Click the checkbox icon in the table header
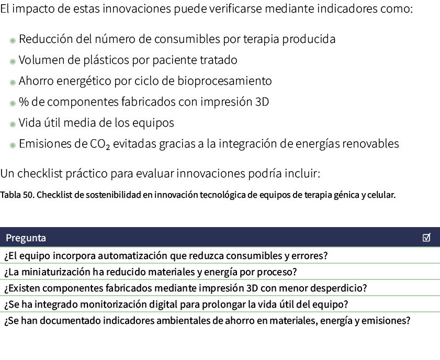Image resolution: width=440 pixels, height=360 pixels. coord(426,238)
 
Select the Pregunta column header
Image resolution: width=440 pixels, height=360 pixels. coord(26,238)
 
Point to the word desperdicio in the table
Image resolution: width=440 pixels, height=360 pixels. coord(340,288)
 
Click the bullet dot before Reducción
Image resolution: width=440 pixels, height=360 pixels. coord(13,40)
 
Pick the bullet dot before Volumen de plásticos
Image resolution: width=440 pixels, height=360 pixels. coord(13,61)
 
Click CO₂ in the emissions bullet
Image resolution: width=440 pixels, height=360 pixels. coord(100,144)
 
